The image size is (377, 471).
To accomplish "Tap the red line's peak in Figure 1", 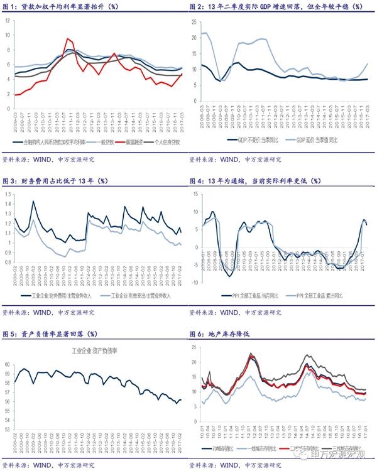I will pos(68,39).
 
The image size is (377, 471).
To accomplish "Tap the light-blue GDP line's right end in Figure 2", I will pos(368,63).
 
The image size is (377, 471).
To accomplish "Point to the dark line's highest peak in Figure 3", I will pos(33,201).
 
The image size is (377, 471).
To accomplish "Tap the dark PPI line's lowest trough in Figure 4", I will pos(229,276).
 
